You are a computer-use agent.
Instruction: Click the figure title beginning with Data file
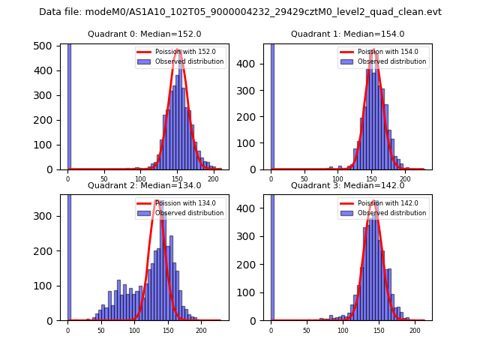click(240, 12)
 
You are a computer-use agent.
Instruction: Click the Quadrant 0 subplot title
click(144, 34)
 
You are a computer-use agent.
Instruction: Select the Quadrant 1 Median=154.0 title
click(347, 34)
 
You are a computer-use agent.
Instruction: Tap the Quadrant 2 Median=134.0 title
click(144, 185)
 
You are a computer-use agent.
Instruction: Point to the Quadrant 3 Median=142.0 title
click(347, 185)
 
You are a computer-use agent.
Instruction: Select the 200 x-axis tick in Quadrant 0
click(213, 179)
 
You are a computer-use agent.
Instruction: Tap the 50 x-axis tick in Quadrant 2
click(101, 330)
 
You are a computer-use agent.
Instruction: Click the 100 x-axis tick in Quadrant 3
click(343, 330)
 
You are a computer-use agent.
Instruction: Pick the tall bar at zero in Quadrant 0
click(69, 105)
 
